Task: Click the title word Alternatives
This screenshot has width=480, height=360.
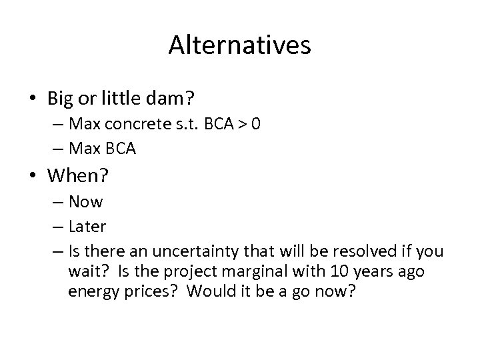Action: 239,45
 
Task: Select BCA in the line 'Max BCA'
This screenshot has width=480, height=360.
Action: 119,149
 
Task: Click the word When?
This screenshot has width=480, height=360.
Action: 77,176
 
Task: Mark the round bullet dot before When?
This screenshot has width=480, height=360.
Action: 33,177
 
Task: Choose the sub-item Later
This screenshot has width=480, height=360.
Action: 87,227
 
